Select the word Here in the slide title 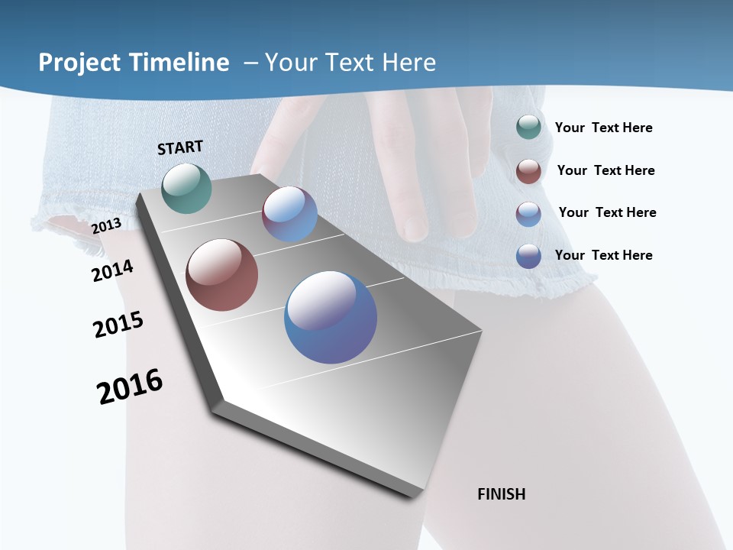click(409, 63)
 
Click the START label click(180, 147)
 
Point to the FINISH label click(502, 494)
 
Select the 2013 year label click(107, 226)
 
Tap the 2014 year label click(112, 270)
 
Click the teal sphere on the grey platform click(187, 188)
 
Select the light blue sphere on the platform click(289, 214)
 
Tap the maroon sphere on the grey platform click(222, 275)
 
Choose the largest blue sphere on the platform click(331, 317)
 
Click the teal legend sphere click(528, 127)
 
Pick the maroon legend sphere click(528, 171)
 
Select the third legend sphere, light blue click(528, 214)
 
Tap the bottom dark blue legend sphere click(528, 256)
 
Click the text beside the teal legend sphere click(603, 128)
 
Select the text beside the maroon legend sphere click(605, 170)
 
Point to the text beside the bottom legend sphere click(603, 255)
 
